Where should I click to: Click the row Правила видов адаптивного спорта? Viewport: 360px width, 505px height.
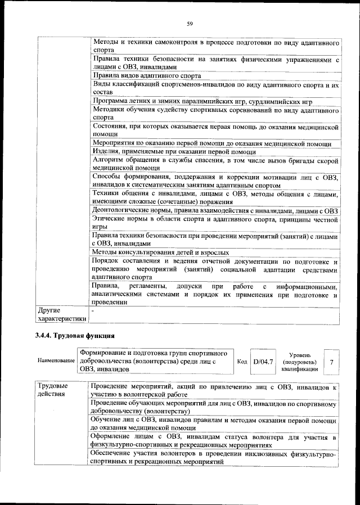coord(147,75)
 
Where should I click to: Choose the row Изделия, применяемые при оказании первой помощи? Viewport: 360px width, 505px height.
coord(174,152)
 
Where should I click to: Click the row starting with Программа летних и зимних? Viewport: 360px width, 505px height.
coord(202,101)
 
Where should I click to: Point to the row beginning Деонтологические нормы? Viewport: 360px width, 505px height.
coord(214,211)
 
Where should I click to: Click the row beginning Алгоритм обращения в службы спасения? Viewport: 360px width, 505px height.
coord(214,164)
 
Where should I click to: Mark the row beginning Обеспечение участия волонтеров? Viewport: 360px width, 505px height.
coord(213,457)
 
